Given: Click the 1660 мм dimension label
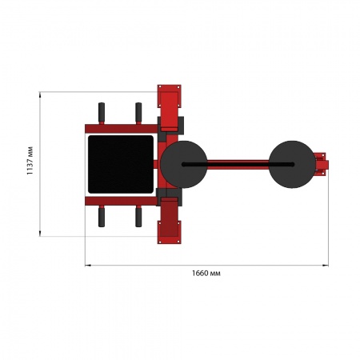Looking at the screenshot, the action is coord(206,274).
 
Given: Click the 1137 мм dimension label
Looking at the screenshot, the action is coord(30,161).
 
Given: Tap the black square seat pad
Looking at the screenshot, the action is coord(121,164).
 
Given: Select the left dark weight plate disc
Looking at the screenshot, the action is coord(184,164).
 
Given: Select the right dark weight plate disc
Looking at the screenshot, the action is coord(292,164).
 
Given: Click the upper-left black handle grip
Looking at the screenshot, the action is coord(102,112).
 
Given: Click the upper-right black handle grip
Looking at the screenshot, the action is coord(138,112).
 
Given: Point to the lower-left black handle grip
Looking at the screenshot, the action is coord(102,218).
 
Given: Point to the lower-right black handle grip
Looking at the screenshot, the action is coord(138,218).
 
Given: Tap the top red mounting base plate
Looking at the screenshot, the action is coord(169,96).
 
